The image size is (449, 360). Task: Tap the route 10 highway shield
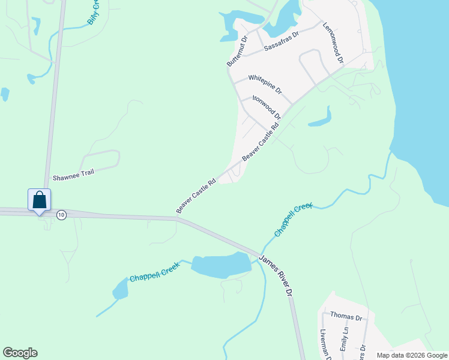(x=61, y=215)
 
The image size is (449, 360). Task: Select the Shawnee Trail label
(x=74, y=175)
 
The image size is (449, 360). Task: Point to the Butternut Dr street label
(x=237, y=52)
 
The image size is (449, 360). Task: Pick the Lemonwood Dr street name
(x=333, y=43)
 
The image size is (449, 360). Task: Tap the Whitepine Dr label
(x=265, y=84)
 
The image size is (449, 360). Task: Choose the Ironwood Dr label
(x=267, y=106)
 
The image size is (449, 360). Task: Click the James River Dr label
(x=276, y=275)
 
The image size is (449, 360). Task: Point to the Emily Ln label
(x=345, y=339)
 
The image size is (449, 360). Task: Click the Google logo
(x=20, y=353)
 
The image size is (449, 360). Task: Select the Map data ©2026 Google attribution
(x=411, y=355)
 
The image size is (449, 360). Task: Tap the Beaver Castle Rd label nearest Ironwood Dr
(x=262, y=142)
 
